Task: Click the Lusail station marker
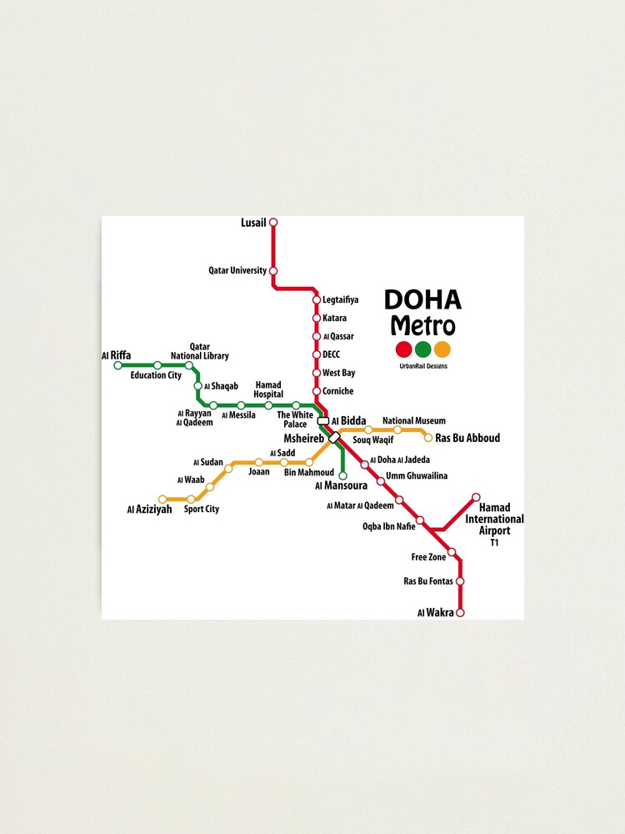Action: pos(272,223)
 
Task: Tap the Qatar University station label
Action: pos(237,270)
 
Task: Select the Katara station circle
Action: pos(316,318)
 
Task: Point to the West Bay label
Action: pos(338,373)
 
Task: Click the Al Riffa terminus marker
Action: pos(117,365)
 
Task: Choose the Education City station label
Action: pos(156,375)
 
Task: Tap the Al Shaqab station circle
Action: pos(197,386)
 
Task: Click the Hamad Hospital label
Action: pos(268,389)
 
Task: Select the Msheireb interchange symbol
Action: pos(334,437)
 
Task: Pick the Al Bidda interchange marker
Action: pos(323,421)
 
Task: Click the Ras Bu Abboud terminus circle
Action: pos(428,437)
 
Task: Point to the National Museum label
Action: pos(413,421)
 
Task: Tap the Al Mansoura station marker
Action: pos(342,475)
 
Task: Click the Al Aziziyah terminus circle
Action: pos(163,500)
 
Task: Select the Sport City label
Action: pos(201,509)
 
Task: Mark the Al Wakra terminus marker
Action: pos(459,612)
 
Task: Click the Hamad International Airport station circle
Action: pos(476,497)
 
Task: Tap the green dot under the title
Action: pos(423,349)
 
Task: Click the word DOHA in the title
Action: pos(422,300)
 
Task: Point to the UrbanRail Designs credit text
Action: pos(423,366)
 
